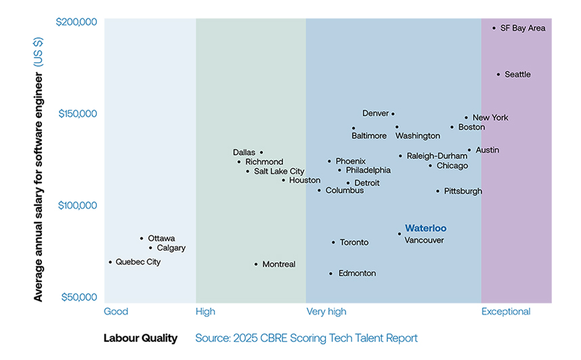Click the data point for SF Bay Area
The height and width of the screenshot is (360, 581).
coord(494,28)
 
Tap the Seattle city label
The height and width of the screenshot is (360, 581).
coord(517,74)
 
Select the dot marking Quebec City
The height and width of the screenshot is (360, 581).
coord(110,262)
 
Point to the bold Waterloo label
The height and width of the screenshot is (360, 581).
coord(425,228)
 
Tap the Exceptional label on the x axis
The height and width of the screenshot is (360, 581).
coord(505,312)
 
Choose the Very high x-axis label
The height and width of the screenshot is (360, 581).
coord(326,312)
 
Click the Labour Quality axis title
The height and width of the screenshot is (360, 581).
coord(140,338)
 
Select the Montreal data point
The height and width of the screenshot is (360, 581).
coord(256,264)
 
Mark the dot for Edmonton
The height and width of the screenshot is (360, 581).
coord(330,273)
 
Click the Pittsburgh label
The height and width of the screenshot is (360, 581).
coord(463,192)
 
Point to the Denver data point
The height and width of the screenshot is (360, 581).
coord(393,114)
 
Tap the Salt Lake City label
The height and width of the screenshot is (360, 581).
coord(279,171)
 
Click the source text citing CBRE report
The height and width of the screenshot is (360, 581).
coord(306,338)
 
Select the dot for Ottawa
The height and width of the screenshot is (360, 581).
coord(142,238)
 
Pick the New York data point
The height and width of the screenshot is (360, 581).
coord(466,118)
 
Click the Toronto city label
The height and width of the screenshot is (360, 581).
coord(354,242)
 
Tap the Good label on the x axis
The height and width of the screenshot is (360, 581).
coord(116,312)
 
